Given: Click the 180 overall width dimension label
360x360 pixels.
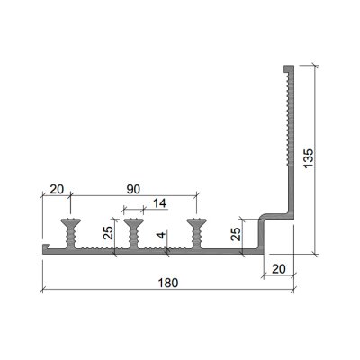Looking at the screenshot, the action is (x=167, y=283).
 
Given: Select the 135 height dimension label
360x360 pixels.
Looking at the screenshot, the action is (x=309, y=158).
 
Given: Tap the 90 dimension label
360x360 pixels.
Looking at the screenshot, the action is (x=133, y=189).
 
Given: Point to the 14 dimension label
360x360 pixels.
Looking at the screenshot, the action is (x=159, y=203).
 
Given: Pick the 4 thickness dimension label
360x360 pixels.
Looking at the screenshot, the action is (x=161, y=235).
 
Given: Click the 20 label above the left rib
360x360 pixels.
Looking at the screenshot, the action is (x=57, y=189).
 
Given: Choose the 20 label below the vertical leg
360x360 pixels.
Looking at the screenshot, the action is (x=279, y=269).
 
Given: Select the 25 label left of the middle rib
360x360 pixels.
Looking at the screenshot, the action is (x=108, y=232).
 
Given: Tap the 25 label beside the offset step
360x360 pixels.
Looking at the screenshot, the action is (x=237, y=234).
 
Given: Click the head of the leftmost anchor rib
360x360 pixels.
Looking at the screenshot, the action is (x=70, y=223).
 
